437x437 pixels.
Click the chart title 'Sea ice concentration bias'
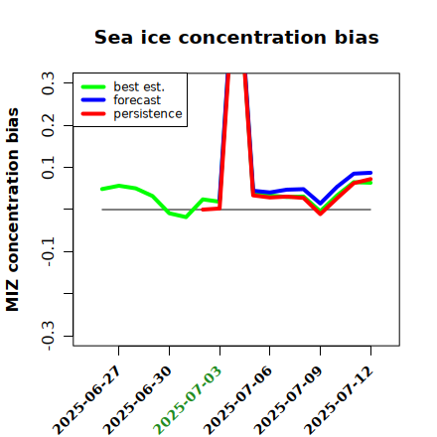click(x=236, y=37)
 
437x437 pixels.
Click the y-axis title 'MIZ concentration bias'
click(x=12, y=210)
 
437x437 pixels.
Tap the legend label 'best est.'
click(x=139, y=86)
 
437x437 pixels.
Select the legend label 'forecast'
click(x=137, y=100)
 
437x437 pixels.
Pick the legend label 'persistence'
click(x=148, y=114)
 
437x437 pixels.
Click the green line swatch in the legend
click(x=93, y=86)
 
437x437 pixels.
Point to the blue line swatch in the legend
click(x=93, y=100)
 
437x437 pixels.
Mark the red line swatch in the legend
click(x=93, y=114)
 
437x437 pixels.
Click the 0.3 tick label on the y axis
click(x=48, y=83)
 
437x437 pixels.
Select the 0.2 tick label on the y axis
click(x=48, y=125)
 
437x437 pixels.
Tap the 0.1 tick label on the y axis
click(x=48, y=168)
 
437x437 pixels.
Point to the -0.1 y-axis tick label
click(x=48, y=252)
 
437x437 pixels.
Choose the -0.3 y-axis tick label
click(x=48, y=336)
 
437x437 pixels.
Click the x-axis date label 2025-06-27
click(x=87, y=400)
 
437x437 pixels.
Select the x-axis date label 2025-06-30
click(x=138, y=400)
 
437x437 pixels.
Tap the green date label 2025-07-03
click(x=188, y=400)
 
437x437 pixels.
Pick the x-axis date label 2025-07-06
click(x=238, y=400)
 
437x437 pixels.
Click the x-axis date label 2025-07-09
click(x=288, y=400)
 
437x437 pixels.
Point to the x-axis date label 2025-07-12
click(x=339, y=400)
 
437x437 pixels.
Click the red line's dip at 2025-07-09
click(x=321, y=214)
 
